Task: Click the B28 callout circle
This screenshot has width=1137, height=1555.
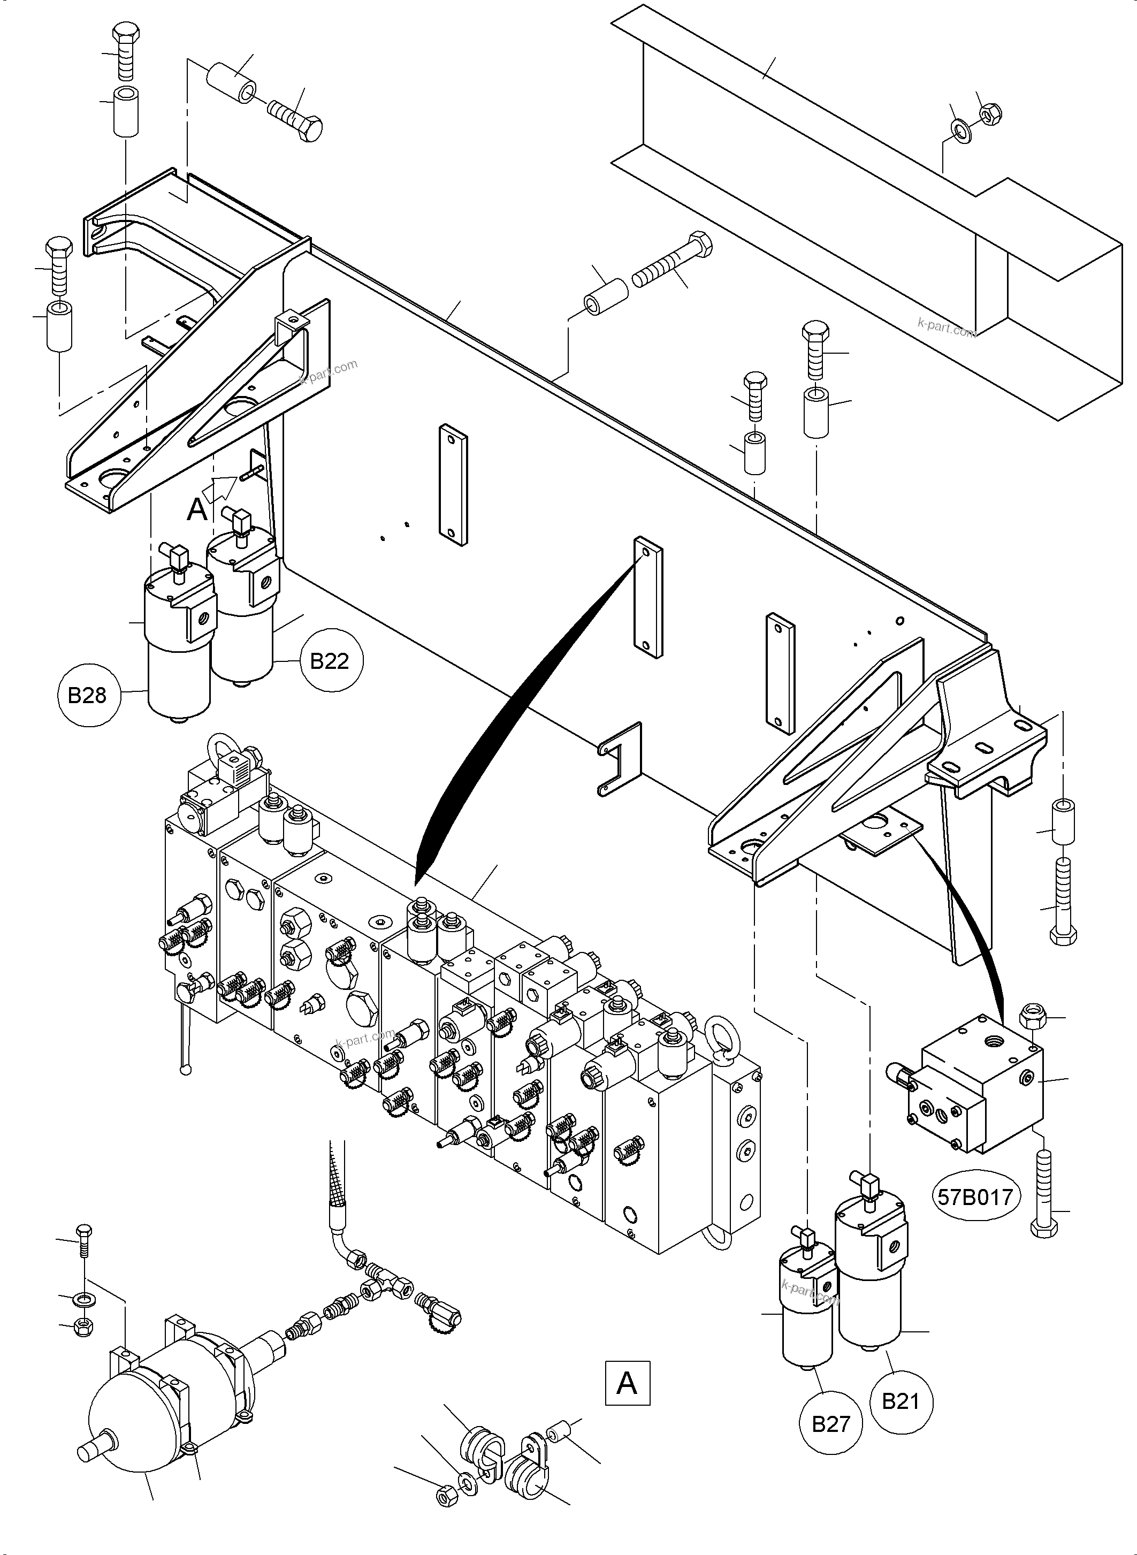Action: (87, 695)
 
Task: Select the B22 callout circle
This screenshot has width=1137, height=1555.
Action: (330, 661)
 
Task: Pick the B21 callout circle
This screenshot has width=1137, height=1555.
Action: (901, 1400)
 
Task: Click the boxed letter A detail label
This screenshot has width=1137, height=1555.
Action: (627, 1383)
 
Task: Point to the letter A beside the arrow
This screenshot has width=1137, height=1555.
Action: (197, 510)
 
